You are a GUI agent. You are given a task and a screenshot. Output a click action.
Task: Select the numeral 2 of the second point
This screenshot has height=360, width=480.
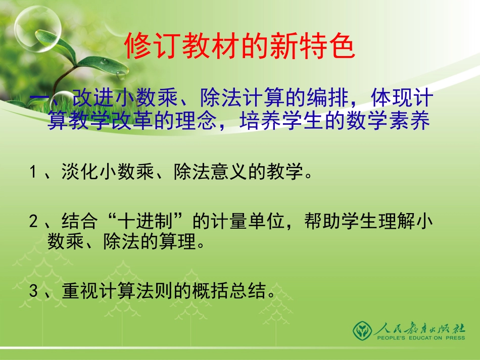pos(33,221)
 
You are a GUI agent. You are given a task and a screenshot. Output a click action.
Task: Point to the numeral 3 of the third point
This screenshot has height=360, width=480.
pos(33,291)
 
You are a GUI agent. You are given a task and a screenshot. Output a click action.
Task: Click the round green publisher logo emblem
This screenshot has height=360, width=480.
pos(362,330)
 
